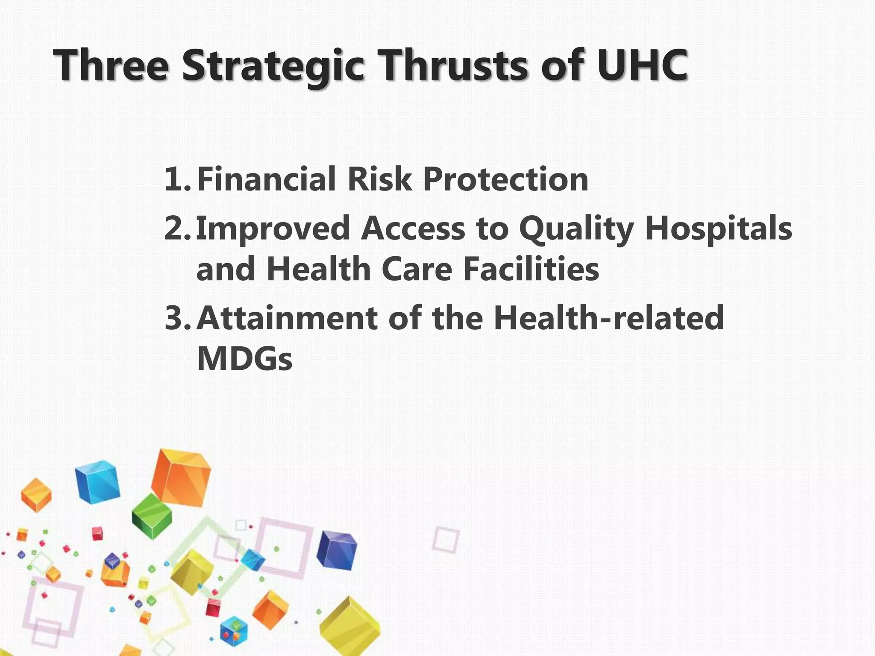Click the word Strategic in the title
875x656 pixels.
273,66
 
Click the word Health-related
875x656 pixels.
608,318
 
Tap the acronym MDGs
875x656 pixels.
244,359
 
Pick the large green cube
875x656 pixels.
152,517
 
